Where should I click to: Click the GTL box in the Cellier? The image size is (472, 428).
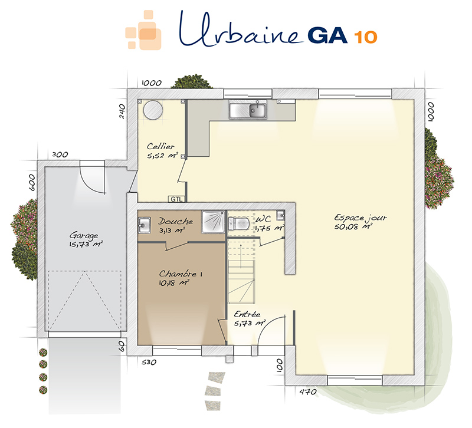(176, 199)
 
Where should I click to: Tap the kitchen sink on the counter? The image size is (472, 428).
(248, 110)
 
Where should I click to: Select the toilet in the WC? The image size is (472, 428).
(239, 224)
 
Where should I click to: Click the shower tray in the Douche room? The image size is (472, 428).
(214, 222)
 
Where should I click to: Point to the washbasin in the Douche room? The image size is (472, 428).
(144, 225)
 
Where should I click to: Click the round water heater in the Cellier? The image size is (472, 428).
(153, 110)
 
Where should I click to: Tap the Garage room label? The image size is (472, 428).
(84, 235)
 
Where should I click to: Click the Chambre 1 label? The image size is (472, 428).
(181, 274)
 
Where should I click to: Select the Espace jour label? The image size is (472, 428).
(360, 218)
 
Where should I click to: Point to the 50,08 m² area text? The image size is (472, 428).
(353, 227)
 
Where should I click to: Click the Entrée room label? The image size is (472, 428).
(247, 314)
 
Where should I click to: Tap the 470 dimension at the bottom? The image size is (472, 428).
(308, 391)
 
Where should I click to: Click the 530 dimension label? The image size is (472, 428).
(149, 362)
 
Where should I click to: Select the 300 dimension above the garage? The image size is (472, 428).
(60, 154)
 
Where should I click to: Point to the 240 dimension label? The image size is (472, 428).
(122, 111)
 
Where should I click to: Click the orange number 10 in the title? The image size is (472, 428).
(365, 37)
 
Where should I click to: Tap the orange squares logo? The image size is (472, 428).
(143, 30)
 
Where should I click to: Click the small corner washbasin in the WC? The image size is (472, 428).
(281, 215)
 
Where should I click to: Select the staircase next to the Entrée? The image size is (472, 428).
(241, 270)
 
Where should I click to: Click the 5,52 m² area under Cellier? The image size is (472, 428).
(163, 156)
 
